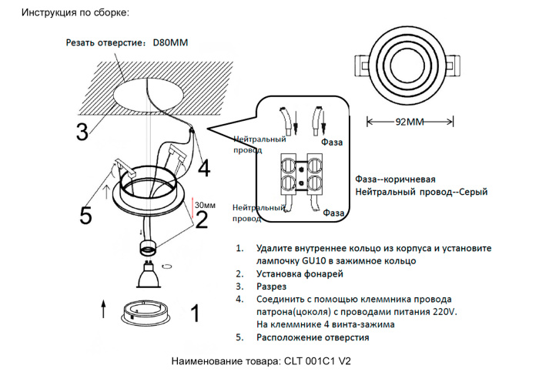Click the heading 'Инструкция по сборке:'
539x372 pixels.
click(75, 13)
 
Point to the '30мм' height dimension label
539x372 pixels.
click(205, 205)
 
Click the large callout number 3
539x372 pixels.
click(82, 132)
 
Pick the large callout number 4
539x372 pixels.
click(203, 167)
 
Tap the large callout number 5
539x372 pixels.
click(86, 215)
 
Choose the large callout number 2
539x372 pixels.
click(202, 221)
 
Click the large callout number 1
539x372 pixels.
click(195, 313)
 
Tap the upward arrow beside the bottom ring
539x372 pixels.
click(104, 310)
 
